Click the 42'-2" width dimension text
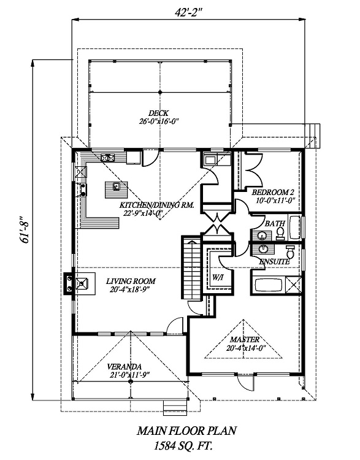190,12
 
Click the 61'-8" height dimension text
25,230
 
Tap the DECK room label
158,113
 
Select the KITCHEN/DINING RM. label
156,205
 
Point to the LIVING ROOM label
131,282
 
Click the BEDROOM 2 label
273,193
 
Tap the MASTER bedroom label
245,340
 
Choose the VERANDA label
124,367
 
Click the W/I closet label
217,277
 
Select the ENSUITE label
274,262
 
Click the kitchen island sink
116,186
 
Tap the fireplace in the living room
80,283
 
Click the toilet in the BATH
280,233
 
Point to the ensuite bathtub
269,285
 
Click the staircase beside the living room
191,268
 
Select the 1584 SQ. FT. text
183,447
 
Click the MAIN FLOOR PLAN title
186,431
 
